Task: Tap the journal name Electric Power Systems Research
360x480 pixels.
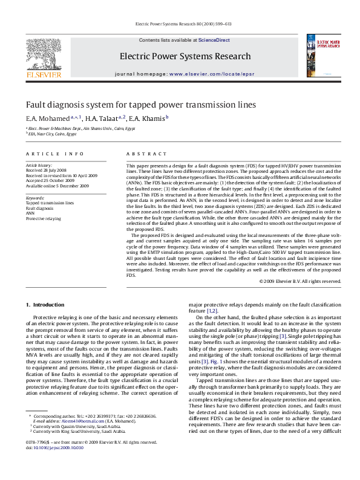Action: click(x=177, y=56)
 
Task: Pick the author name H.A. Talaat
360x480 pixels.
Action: click(x=102, y=118)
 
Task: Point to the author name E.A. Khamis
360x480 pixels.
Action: click(x=146, y=118)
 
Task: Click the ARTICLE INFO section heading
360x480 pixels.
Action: click(x=54, y=154)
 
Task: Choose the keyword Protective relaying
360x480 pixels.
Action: click(x=43, y=218)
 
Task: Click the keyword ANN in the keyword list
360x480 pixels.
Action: click(x=30, y=213)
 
